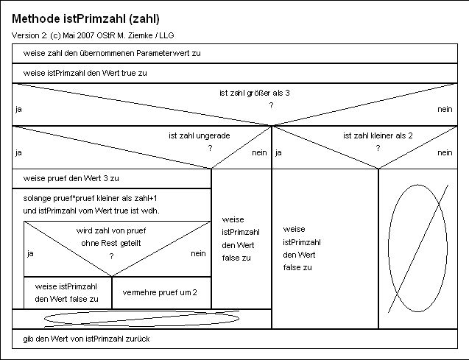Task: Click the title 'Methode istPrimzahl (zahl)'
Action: point(85,19)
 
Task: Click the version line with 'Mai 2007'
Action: point(93,35)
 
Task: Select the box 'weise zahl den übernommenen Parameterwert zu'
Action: point(235,54)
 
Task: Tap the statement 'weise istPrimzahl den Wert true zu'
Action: point(235,74)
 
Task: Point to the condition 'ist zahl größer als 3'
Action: point(255,93)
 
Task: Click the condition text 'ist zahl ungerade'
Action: point(200,135)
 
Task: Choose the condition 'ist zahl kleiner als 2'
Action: point(378,135)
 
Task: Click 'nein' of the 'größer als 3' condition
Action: point(445,110)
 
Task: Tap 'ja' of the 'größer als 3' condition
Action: point(18,110)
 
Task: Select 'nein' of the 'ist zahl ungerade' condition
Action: point(259,153)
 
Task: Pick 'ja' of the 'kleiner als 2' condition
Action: point(278,153)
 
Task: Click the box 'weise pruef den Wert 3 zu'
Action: point(112,179)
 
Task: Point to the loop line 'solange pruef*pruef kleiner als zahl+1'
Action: point(90,198)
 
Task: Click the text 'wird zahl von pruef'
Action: point(111,231)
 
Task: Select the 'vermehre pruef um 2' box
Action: point(161,293)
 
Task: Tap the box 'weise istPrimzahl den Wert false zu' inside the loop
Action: point(68,293)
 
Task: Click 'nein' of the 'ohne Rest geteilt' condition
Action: point(198,253)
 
